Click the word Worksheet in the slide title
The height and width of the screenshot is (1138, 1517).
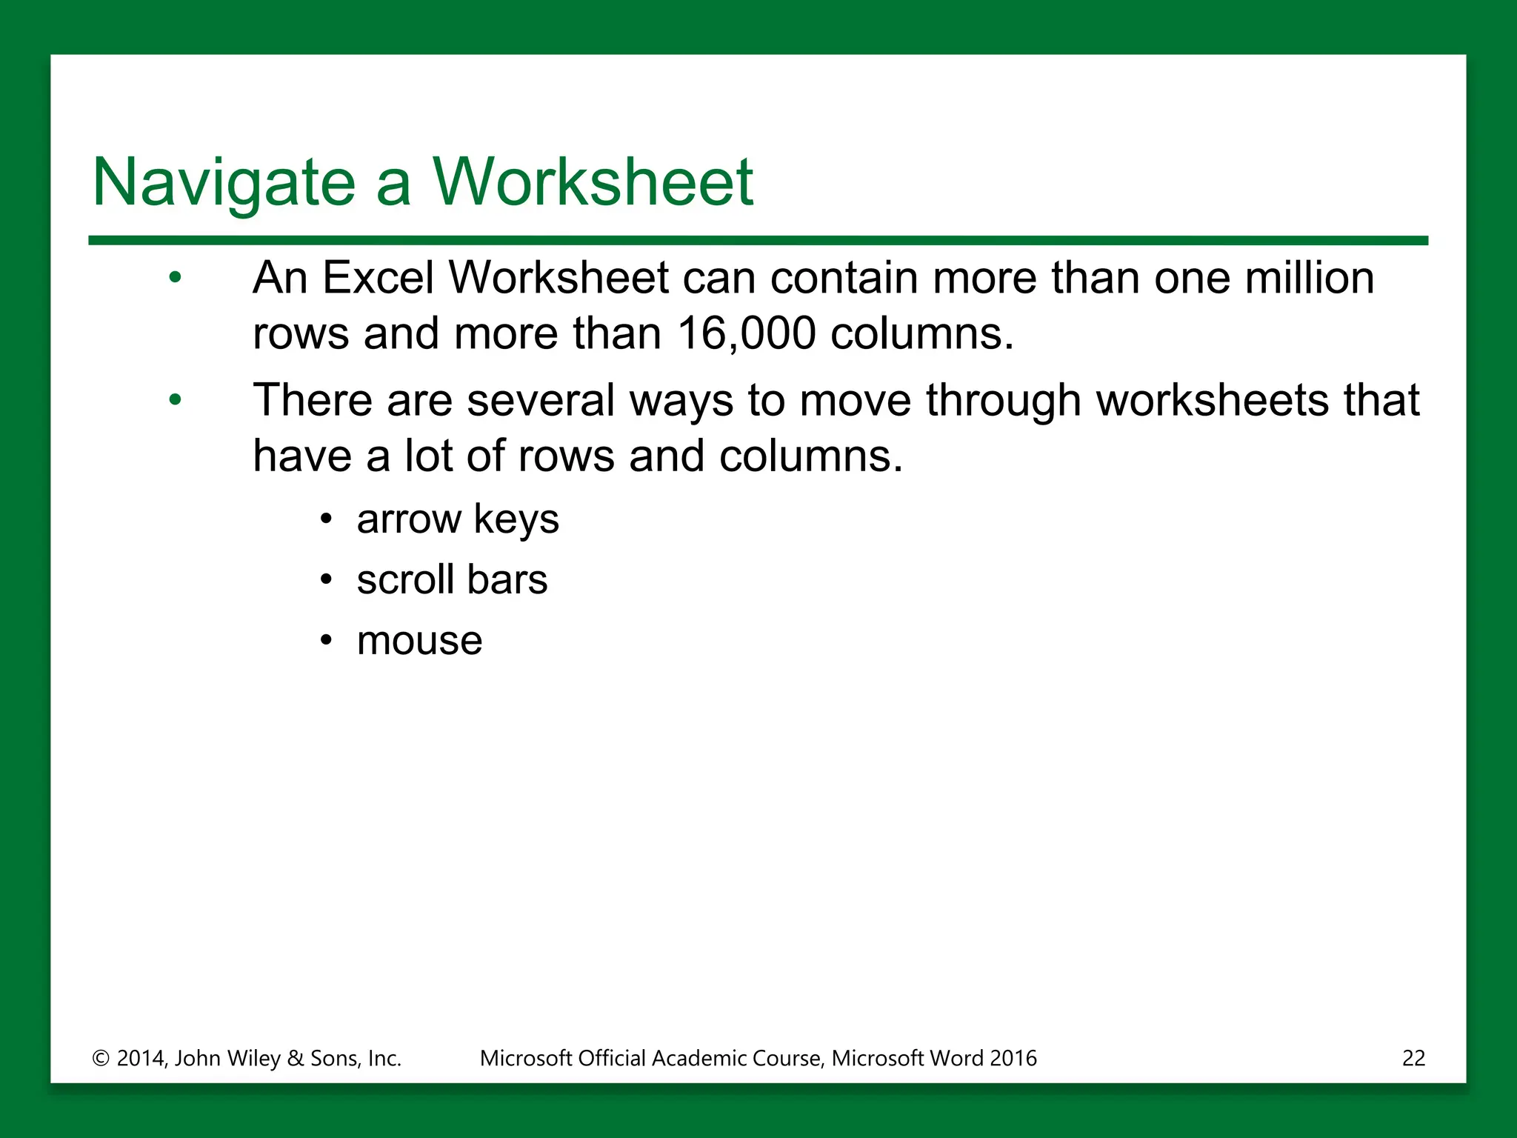593,182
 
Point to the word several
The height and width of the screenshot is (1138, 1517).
541,401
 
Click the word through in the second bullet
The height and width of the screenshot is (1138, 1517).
1003,401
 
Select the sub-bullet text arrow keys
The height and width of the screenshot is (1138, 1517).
458,519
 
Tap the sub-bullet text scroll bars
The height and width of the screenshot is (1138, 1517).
452,579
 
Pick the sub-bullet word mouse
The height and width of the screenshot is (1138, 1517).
419,641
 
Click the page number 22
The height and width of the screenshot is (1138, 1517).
1413,1058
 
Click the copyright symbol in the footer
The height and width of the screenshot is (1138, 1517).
101,1059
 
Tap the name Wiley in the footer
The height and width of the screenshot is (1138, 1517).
253,1059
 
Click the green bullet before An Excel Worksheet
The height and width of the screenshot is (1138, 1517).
175,279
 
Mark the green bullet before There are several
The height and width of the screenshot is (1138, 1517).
175,401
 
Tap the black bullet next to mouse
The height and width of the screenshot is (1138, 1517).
327,641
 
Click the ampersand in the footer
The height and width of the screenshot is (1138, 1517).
296,1059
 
